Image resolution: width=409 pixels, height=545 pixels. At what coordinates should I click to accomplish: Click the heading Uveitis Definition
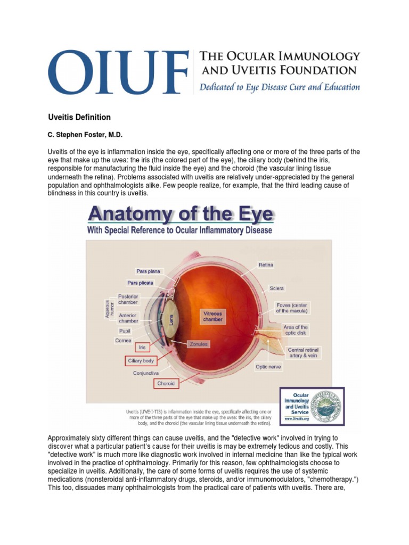point(79,117)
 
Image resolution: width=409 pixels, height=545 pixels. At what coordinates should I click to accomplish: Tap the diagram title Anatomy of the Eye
point(181,214)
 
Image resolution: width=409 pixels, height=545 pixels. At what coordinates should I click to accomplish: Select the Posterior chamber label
point(128,299)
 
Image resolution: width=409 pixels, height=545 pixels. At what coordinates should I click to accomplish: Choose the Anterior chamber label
point(128,318)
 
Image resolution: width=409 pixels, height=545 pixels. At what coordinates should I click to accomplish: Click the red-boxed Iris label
point(142,347)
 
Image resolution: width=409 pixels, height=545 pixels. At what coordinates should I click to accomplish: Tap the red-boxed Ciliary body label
point(141,361)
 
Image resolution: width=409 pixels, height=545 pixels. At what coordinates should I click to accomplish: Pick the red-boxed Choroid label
point(166,383)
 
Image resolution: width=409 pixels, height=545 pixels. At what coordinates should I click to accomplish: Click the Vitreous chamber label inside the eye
point(212,317)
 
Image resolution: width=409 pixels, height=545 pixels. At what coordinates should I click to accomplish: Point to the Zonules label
point(199,344)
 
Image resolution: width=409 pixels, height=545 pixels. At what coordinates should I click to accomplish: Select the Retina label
point(266,265)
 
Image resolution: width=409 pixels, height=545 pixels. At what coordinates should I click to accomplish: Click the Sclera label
point(277,288)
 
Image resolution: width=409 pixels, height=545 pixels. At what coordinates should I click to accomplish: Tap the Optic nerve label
point(268,367)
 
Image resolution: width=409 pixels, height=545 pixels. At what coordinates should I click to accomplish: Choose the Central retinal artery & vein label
point(303,353)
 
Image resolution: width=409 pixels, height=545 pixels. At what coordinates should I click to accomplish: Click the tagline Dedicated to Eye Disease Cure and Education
point(280,87)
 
